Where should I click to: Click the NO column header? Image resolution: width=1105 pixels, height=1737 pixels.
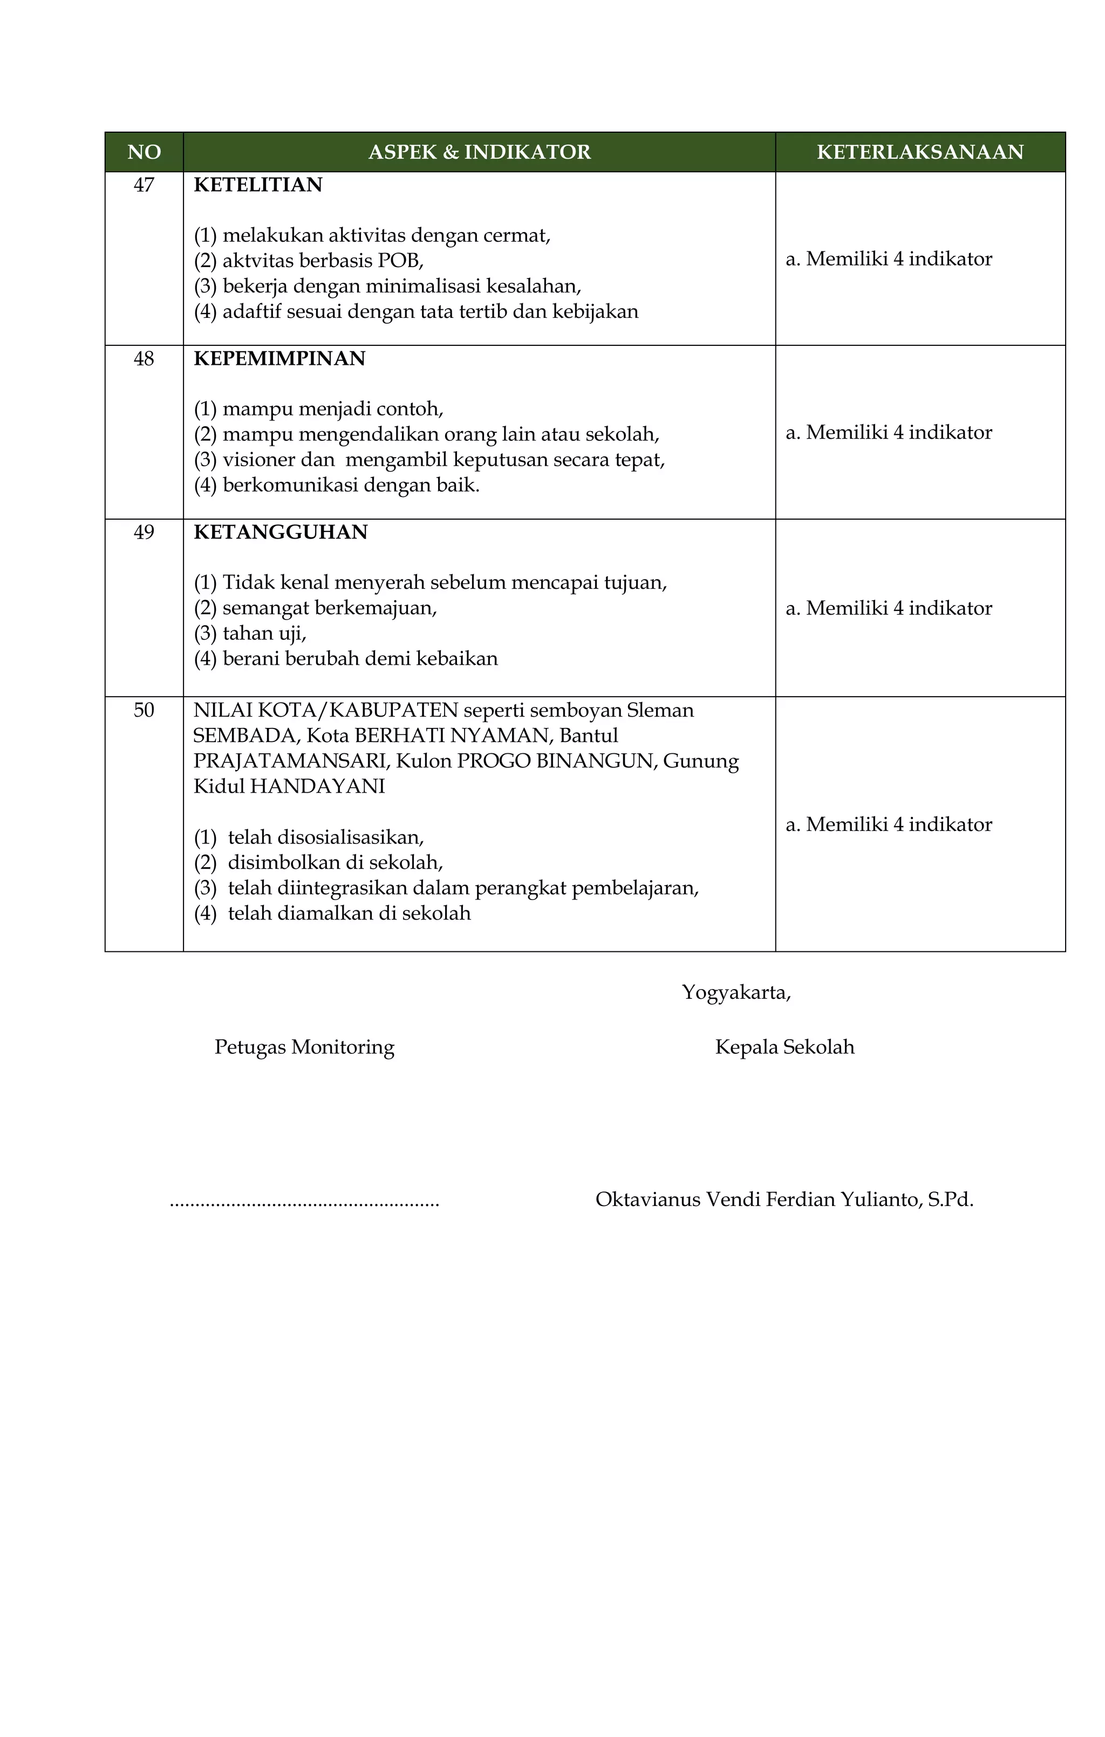pyautogui.click(x=144, y=152)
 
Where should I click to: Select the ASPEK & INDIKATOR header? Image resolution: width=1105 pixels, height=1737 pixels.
pyautogui.click(x=479, y=152)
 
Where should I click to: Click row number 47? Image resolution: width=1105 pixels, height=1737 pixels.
pyautogui.click(x=144, y=186)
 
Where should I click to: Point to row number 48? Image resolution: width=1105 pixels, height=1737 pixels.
pyautogui.click(x=144, y=359)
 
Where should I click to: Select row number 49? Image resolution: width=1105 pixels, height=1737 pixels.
pyautogui.click(x=144, y=533)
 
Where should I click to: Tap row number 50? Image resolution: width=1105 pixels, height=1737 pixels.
pyautogui.click(x=144, y=711)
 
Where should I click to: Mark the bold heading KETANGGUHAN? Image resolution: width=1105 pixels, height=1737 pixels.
pyautogui.click(x=281, y=533)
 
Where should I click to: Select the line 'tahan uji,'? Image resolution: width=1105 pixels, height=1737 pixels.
pyautogui.click(x=264, y=634)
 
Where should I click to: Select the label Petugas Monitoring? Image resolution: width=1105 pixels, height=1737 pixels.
pyautogui.click(x=304, y=1047)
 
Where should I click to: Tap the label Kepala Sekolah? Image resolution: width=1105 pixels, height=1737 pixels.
pyautogui.click(x=784, y=1047)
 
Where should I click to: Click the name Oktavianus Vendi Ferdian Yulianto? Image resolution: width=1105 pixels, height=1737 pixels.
pyautogui.click(x=758, y=1200)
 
